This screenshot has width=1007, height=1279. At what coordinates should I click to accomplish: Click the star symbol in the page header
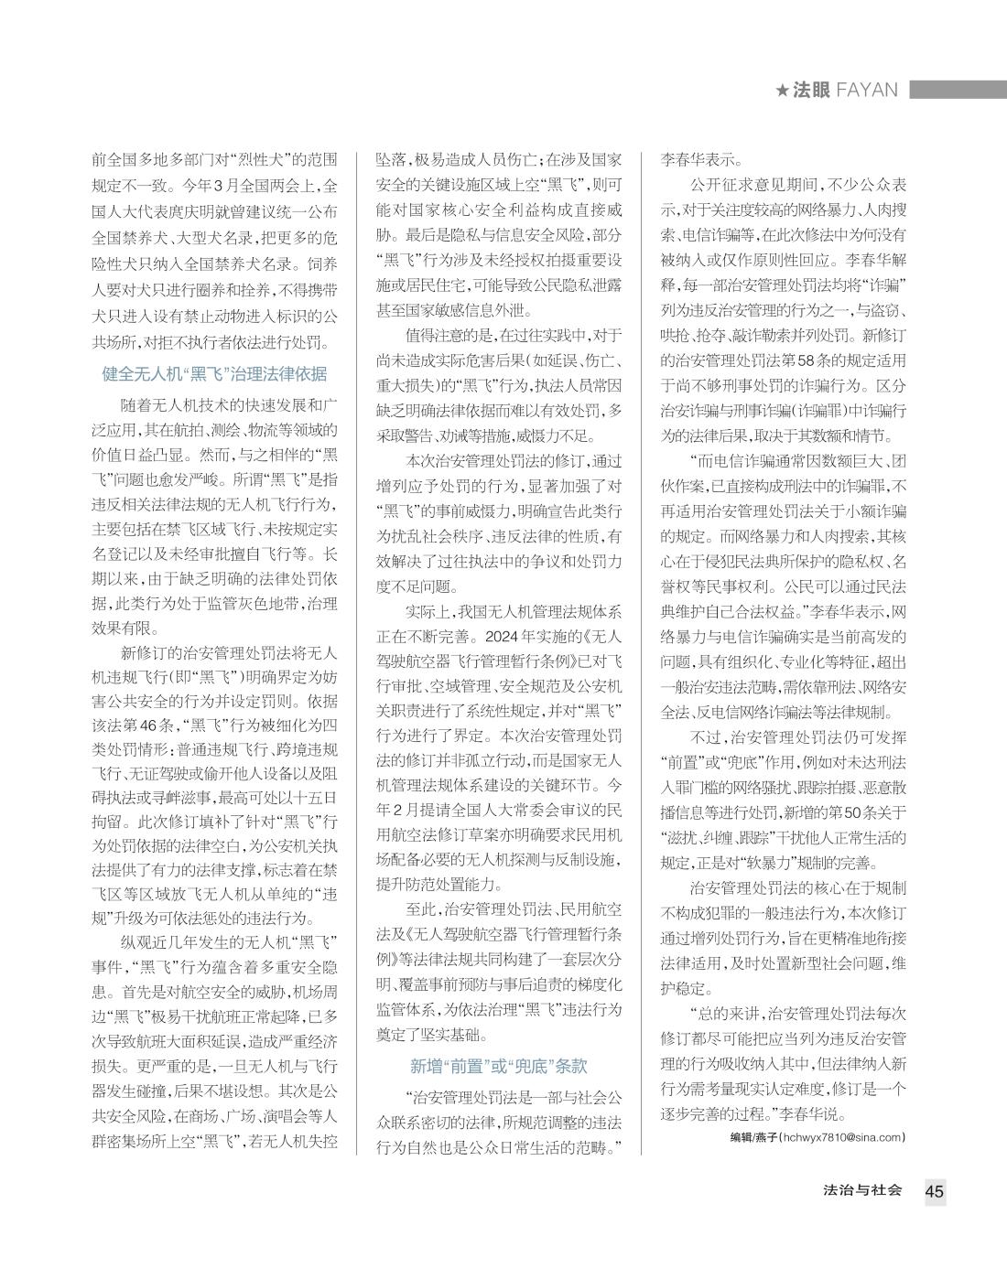(782, 91)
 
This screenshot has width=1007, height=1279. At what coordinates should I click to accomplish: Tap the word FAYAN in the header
(867, 91)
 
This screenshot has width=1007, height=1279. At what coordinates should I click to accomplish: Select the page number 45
(934, 1191)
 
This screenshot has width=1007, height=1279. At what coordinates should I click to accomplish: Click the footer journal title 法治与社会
(862, 1190)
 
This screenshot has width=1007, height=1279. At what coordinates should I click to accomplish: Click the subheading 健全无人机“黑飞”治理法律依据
(214, 374)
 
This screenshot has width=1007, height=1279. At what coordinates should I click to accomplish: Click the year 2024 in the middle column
(503, 637)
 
